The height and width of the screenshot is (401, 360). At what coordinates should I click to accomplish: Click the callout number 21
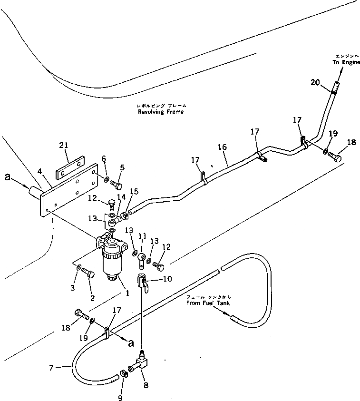pos(64,146)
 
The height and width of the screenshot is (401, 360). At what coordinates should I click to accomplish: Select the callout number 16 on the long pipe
pos(223,148)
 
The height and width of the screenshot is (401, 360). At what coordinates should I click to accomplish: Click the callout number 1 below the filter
pos(126,293)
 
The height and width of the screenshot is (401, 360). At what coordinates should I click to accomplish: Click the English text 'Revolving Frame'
pos(160,112)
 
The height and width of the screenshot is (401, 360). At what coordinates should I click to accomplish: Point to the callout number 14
pos(120,196)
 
